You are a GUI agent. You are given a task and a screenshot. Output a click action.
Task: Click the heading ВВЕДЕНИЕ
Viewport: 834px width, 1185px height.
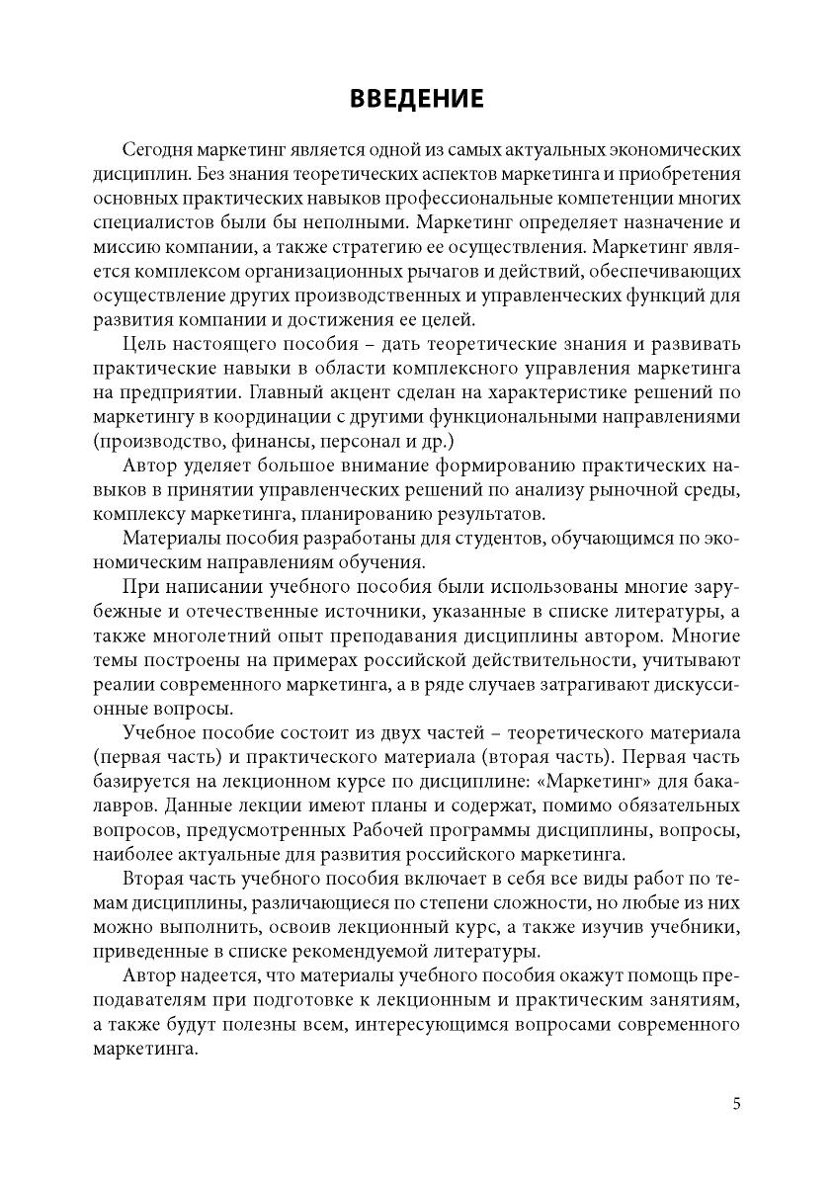pos(416,99)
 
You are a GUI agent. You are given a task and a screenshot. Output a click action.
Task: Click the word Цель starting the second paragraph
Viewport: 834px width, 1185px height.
pos(142,344)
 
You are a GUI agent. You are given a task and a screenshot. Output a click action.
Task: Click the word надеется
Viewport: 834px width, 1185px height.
pos(217,976)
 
